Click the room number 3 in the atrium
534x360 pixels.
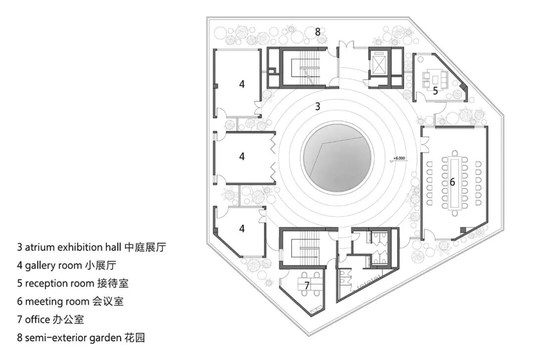[x=318, y=106]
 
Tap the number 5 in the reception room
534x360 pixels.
[x=435, y=91]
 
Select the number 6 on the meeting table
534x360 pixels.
[x=452, y=182]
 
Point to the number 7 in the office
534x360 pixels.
[x=307, y=285]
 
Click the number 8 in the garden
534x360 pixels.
[x=318, y=32]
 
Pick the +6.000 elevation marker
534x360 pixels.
[x=399, y=159]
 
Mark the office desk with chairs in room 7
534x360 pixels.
[x=307, y=286]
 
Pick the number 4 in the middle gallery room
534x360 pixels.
[x=242, y=156]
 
